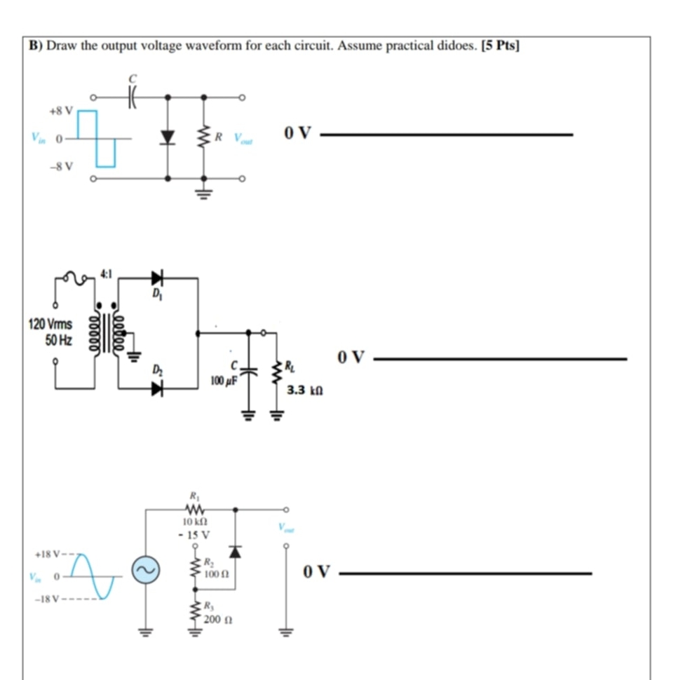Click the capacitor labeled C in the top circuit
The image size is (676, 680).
point(130,97)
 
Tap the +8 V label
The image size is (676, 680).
point(60,111)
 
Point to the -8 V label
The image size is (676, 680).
point(61,165)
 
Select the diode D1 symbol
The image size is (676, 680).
point(156,278)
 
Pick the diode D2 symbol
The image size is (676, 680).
point(156,389)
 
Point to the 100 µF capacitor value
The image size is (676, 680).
point(224,382)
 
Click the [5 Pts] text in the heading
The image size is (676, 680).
point(501,46)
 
